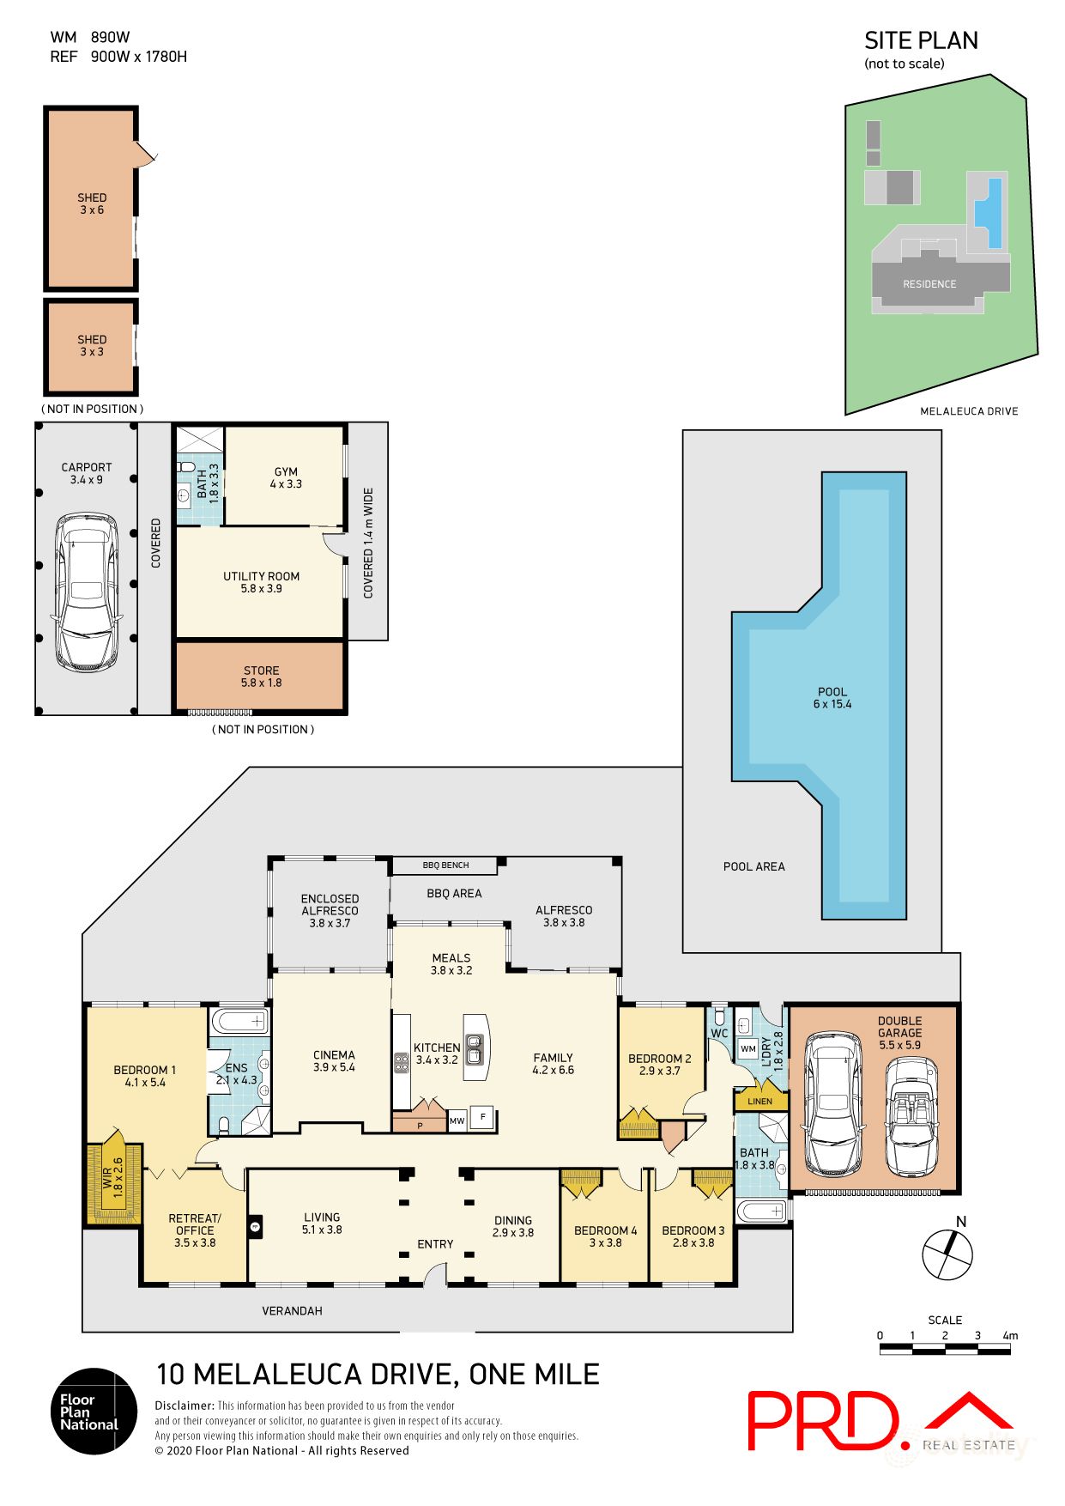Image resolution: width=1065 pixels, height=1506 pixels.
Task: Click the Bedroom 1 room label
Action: point(144,1076)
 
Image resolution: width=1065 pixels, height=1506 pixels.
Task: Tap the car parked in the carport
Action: point(87,592)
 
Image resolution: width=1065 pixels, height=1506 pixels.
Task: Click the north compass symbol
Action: point(947,1254)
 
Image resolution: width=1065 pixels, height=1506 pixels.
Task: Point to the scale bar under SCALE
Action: point(944,1350)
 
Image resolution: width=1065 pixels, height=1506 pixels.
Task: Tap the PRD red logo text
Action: point(822,1420)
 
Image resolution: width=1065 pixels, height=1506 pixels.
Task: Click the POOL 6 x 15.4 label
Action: point(832,698)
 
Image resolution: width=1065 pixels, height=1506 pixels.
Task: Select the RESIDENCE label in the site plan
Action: point(929,284)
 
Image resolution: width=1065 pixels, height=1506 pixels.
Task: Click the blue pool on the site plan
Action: point(995,213)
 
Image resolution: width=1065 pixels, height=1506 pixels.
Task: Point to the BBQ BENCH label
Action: point(445,865)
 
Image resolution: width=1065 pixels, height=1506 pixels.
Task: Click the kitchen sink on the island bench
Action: point(473,1045)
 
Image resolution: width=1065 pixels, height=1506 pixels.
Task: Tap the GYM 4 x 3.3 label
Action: point(286,477)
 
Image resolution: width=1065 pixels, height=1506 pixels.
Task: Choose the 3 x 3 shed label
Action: point(92,345)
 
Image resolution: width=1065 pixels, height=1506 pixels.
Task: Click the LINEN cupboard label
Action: point(759,1101)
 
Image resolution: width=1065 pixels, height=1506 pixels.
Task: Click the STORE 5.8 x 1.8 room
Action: point(261,677)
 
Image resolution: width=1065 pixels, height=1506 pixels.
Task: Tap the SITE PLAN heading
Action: point(920,41)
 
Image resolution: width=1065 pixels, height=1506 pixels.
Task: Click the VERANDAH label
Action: point(292,1310)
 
